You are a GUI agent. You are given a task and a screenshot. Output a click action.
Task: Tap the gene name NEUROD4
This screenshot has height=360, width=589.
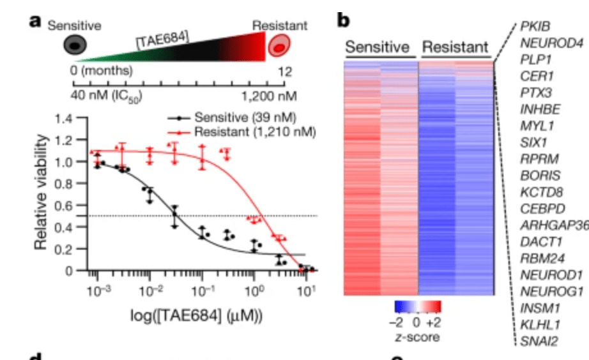point(547,43)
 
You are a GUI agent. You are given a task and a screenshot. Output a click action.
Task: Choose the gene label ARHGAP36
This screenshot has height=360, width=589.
point(553,225)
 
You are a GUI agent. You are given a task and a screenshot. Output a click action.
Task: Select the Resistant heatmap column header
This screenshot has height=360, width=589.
point(455,47)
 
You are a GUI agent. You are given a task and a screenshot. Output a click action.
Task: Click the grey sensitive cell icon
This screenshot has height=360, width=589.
point(75,45)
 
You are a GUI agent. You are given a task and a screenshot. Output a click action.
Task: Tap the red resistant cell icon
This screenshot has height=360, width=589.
point(280,46)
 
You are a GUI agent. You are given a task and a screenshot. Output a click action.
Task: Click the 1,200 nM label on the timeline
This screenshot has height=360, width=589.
point(265,96)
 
